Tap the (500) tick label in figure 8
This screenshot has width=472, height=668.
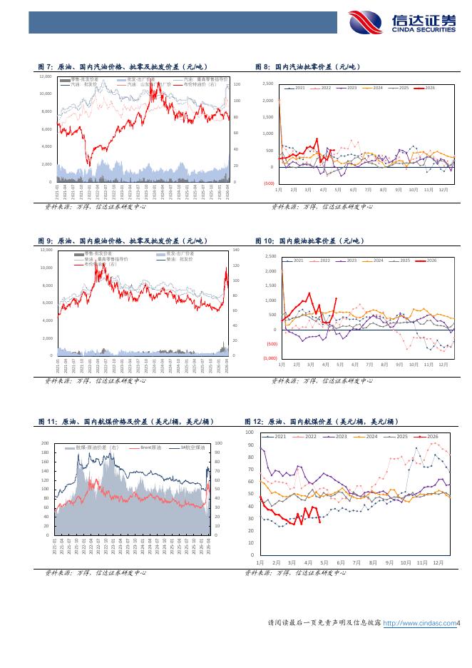click(270, 183)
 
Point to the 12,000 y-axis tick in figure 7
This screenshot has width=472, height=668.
click(45, 76)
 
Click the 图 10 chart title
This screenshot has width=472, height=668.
click(309, 241)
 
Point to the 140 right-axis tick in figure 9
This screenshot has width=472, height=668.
click(237, 250)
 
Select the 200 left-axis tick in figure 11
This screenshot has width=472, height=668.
click(45, 442)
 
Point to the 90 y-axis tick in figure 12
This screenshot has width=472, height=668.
click(250, 445)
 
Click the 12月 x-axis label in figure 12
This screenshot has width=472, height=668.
click(438, 562)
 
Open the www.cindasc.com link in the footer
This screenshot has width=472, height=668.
click(420, 623)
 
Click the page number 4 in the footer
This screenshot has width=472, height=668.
click(459, 623)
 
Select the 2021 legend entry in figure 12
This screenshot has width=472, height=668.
click(277, 436)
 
